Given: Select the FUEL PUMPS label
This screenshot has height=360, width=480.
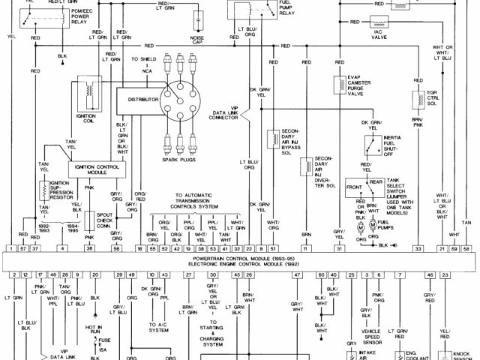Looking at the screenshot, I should tap(386, 225).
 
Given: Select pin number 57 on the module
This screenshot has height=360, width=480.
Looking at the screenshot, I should tap(24, 247).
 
